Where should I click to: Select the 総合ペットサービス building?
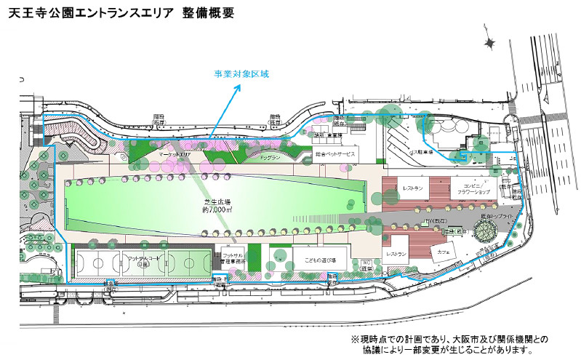(336, 154)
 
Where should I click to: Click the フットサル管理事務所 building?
(233, 261)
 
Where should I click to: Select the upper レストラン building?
(412, 188)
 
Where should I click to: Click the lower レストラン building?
(396, 254)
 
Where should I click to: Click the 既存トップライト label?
(497, 217)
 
